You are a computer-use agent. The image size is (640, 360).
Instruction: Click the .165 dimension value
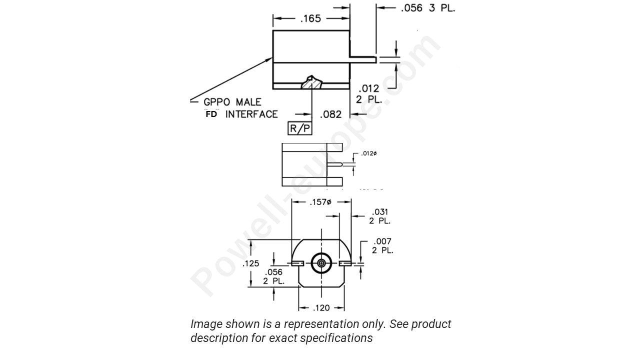tap(310, 19)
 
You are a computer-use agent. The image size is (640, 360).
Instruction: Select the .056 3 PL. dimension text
tap(428, 8)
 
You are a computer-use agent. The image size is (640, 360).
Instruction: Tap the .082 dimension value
tap(330, 114)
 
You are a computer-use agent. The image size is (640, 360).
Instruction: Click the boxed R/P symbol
tap(300, 128)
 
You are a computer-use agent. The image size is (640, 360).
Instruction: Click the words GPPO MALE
tap(232, 102)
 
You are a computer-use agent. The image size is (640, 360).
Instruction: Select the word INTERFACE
tap(251, 114)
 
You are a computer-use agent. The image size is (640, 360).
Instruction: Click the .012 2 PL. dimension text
tap(369, 94)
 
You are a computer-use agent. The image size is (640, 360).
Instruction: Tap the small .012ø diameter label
tap(369, 153)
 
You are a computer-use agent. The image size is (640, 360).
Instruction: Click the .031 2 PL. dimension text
tap(380, 216)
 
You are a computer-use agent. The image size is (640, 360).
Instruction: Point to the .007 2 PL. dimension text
tap(382, 246)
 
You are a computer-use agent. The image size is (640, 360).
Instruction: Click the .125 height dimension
tap(250, 263)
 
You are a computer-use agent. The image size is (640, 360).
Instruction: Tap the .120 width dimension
tap(321, 308)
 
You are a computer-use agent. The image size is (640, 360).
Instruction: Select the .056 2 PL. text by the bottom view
tap(274, 276)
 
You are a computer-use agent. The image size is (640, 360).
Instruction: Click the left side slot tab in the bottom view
tap(297, 263)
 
